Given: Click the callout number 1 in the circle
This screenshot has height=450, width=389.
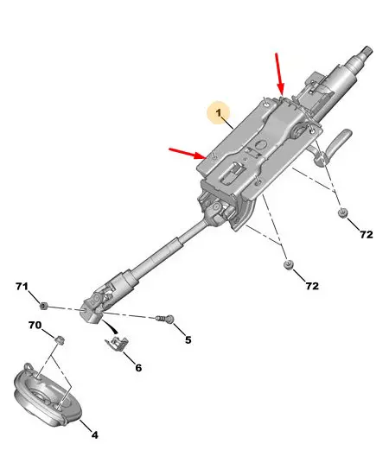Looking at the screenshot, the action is [219, 112].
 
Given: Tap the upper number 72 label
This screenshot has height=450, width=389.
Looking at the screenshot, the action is [367, 235].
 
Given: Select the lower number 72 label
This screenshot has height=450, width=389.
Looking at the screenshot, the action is [312, 286].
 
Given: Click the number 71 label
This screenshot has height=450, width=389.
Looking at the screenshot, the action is [22, 287].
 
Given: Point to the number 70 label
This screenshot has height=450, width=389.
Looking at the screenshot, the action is [35, 325].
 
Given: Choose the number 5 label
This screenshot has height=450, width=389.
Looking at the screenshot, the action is [188, 340].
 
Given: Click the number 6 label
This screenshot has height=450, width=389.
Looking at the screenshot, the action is [138, 368].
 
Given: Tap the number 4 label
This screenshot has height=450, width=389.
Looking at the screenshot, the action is [95, 435].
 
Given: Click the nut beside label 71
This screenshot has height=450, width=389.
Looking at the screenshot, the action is [43, 306].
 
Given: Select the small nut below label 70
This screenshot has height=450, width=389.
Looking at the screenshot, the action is [60, 339].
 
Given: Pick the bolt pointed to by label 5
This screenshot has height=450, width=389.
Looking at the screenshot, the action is [165, 319].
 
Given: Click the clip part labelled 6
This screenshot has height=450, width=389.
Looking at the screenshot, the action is [117, 343].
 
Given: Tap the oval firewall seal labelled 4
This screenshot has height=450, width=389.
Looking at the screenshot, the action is [48, 395].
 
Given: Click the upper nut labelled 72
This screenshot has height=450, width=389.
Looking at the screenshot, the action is [343, 213].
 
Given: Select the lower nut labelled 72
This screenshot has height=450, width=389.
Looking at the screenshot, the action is [288, 264].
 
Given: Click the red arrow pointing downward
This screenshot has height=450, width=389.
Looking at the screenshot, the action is [279, 74].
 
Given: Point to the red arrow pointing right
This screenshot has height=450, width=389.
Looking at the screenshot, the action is [188, 153].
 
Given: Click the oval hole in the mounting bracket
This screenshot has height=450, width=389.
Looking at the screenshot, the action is [260, 145].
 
